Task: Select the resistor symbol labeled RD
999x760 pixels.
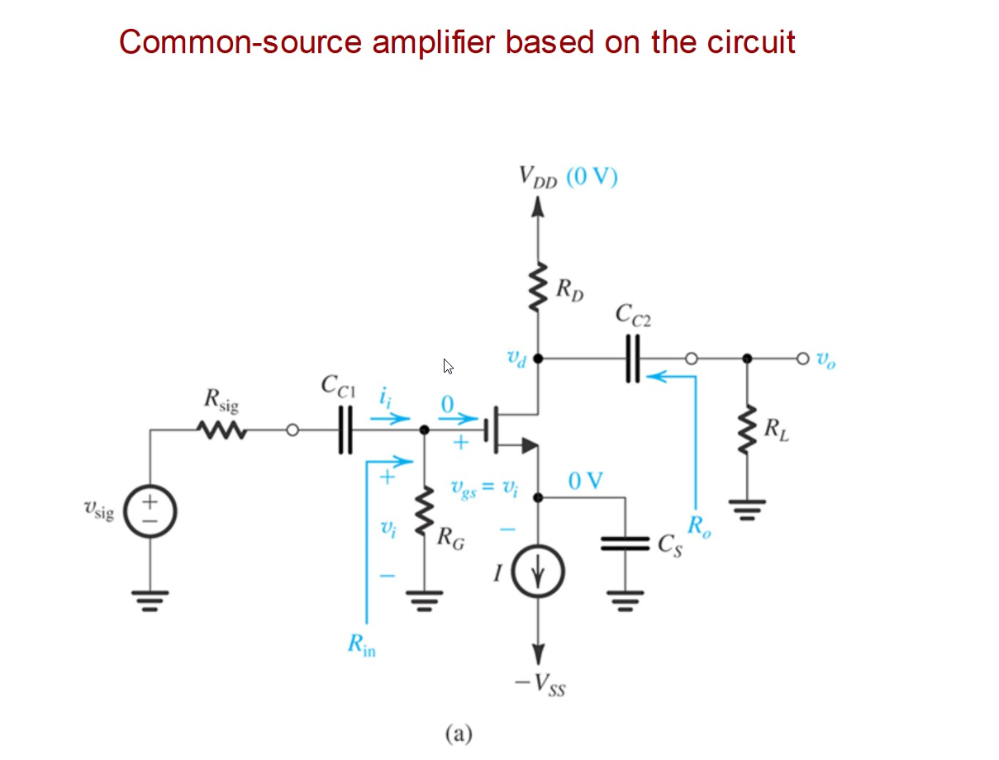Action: click(x=539, y=288)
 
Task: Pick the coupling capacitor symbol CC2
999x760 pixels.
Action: click(x=633, y=359)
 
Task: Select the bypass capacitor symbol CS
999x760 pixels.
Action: click(x=625, y=543)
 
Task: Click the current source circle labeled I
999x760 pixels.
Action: click(x=538, y=572)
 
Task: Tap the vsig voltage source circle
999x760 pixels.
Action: click(x=150, y=510)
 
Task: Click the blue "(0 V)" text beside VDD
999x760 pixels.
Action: click(x=592, y=177)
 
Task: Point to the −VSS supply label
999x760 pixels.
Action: click(x=540, y=684)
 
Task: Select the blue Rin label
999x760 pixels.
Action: click(x=361, y=645)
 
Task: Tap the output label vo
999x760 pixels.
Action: click(x=825, y=360)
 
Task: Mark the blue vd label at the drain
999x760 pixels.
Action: click(x=515, y=359)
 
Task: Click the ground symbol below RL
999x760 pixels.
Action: click(x=748, y=505)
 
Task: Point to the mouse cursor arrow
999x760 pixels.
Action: click(x=448, y=366)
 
